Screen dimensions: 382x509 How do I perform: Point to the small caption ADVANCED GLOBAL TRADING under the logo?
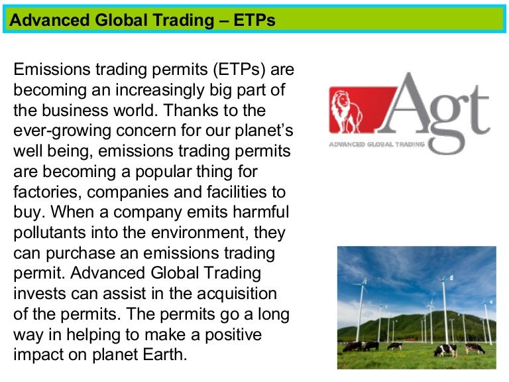pyautogui.click(x=376, y=144)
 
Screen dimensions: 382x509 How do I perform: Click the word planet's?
pyautogui.click(x=262, y=131)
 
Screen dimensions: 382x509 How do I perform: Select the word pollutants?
pyautogui.click(x=49, y=233)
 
